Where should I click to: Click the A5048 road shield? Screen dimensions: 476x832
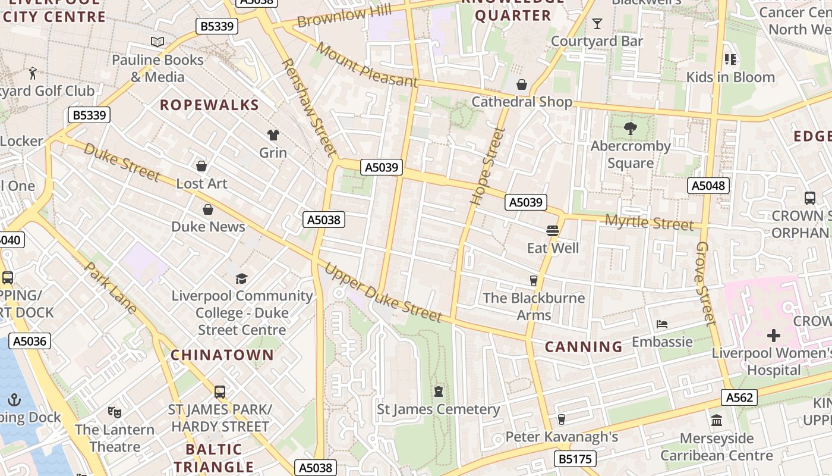tap(709, 186)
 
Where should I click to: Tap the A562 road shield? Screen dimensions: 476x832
tap(739, 397)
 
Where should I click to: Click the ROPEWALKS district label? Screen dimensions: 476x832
tap(209, 105)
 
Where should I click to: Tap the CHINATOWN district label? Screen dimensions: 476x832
tap(222, 355)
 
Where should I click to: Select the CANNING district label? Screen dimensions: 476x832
tap(584, 346)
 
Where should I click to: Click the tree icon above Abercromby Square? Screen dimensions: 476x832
tap(630, 128)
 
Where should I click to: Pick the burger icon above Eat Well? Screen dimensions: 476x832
tap(553, 230)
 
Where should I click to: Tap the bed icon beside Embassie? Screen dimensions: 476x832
tap(662, 324)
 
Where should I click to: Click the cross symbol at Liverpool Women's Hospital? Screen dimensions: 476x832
tap(773, 336)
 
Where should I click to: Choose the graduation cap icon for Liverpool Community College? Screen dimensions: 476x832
tap(241, 278)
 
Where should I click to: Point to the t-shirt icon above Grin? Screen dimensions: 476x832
tap(273, 135)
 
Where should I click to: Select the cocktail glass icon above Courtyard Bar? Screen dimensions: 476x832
tap(597, 24)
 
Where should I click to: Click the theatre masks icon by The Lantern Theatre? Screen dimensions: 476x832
tap(114, 412)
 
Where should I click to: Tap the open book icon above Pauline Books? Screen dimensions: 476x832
tap(157, 42)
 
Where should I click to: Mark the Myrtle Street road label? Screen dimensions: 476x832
tap(649, 223)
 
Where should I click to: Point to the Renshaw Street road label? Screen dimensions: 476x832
tap(308, 107)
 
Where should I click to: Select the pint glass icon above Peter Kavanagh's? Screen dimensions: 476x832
tap(561, 419)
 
